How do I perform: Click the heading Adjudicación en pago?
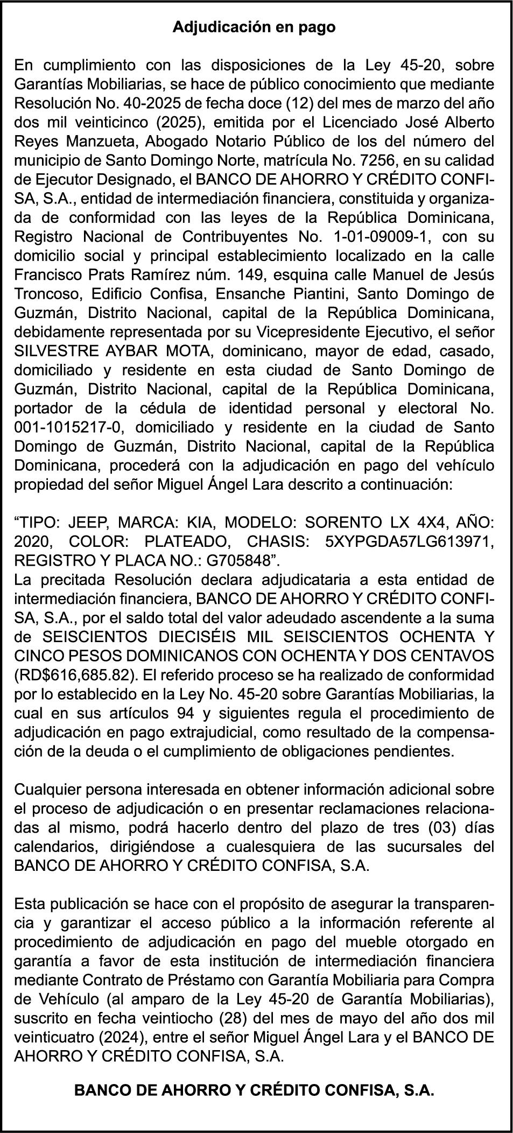254,27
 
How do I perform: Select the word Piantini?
312,294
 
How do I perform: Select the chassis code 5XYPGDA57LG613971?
410,541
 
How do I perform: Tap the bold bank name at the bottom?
254,1090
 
